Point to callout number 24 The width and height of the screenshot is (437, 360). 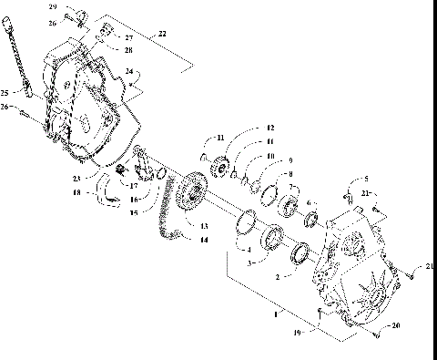pyautogui.click(x=129, y=70)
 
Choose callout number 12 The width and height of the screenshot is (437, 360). pyautogui.click(x=269, y=129)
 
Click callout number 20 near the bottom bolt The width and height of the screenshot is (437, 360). pyautogui.click(x=395, y=325)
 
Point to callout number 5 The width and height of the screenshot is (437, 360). pyautogui.click(x=366, y=180)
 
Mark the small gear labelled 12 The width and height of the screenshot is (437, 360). pyautogui.click(x=218, y=170)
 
